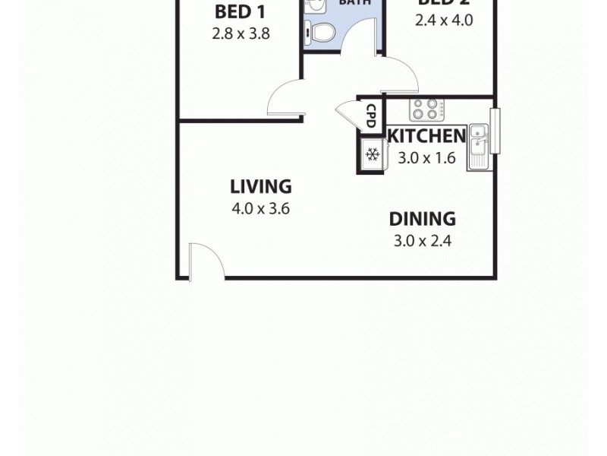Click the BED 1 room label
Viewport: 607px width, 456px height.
240,12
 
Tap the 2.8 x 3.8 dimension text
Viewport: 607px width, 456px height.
241,33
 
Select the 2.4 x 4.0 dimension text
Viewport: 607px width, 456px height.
443,21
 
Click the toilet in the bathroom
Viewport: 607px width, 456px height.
321,33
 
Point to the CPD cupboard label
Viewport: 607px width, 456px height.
371,116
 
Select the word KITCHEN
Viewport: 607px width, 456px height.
426,136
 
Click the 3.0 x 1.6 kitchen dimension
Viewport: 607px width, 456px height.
426,158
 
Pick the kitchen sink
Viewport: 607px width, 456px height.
479,144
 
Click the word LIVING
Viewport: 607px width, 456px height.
261,186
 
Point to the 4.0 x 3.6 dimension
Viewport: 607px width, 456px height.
261,209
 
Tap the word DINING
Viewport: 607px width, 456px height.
423,220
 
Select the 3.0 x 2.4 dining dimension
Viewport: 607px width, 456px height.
423,242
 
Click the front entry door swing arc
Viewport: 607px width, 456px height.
208,258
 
